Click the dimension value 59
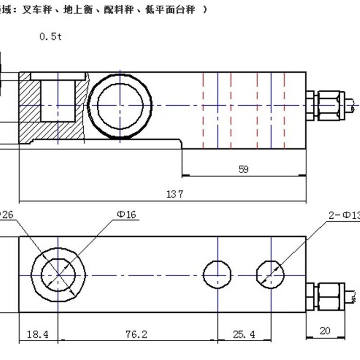coord(243,169)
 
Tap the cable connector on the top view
coord(326,105)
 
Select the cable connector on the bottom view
coord(327,295)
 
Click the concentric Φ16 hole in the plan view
coord(58,274)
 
